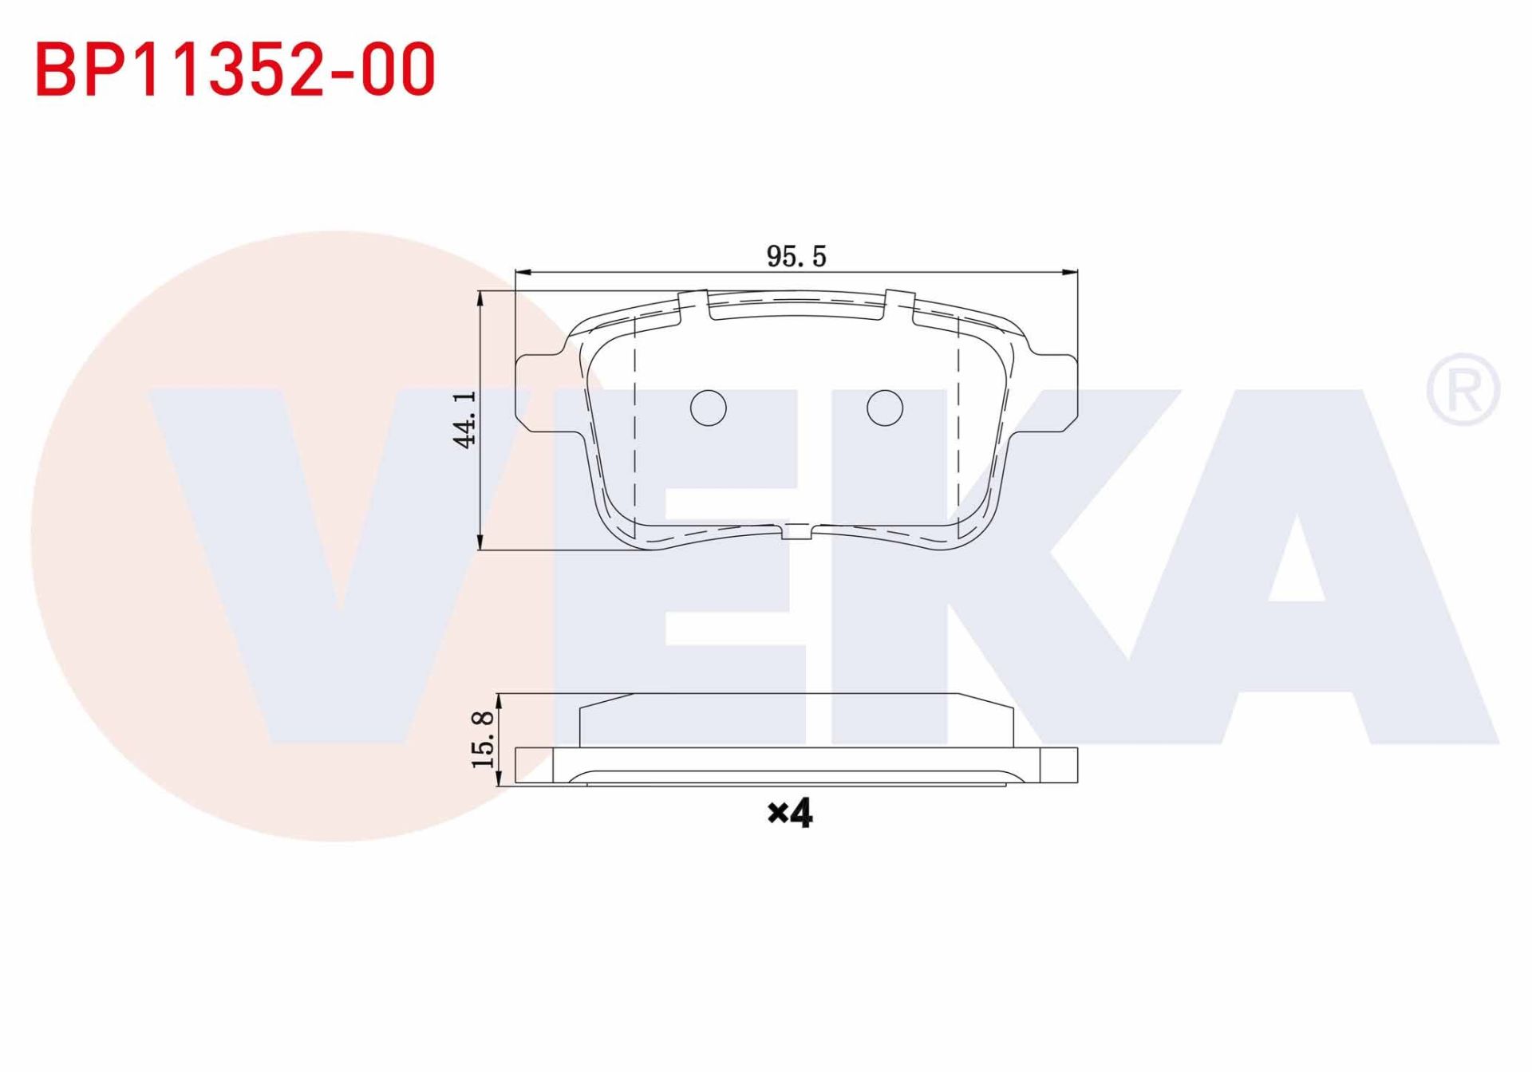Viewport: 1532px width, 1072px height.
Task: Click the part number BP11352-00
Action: click(235, 70)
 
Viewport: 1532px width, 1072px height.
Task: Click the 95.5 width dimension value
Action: click(796, 257)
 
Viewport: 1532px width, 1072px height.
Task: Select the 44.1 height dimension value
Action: click(465, 420)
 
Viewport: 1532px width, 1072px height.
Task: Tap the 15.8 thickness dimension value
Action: click(484, 739)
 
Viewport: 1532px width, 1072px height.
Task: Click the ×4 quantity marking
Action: click(789, 814)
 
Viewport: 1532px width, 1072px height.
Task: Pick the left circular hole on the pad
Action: click(708, 408)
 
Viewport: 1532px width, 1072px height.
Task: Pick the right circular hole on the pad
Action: click(884, 408)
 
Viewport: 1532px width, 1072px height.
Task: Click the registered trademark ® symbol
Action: click(1463, 389)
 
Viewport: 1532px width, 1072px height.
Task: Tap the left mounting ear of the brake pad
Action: click(543, 393)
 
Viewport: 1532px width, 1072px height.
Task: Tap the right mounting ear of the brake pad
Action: click(1051, 393)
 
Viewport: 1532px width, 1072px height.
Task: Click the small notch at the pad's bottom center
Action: click(796, 531)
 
